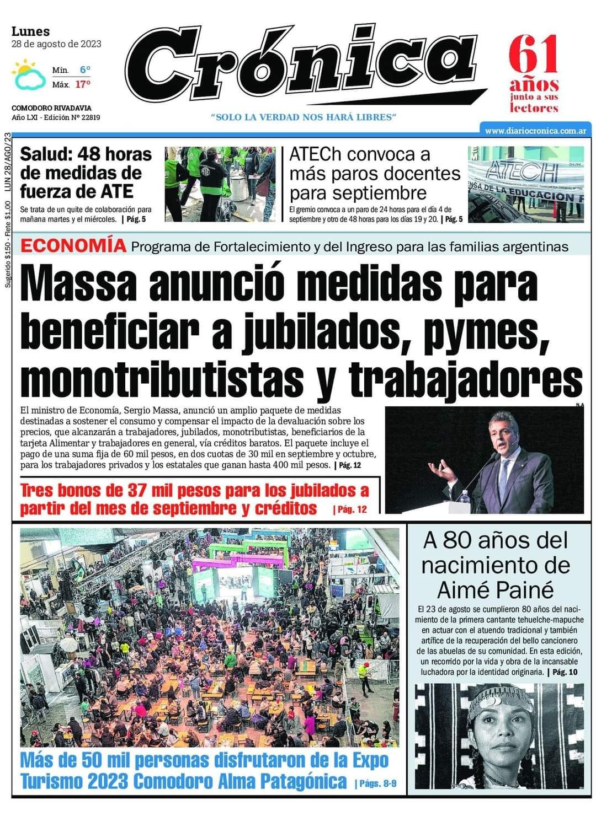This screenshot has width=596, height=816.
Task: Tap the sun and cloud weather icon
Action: click(x=29, y=76)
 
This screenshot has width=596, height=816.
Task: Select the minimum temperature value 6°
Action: click(x=84, y=70)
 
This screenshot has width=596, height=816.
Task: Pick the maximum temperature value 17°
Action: click(x=83, y=84)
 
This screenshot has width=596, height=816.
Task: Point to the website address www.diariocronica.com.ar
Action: click(x=535, y=131)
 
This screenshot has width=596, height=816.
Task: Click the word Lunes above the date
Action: click(x=31, y=31)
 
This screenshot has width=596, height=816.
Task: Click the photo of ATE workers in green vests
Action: click(x=220, y=184)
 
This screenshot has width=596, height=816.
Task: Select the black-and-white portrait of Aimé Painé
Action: click(x=497, y=736)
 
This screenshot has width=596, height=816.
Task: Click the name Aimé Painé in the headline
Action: click(x=495, y=590)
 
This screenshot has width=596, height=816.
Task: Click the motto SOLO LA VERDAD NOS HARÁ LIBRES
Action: click(x=304, y=117)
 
